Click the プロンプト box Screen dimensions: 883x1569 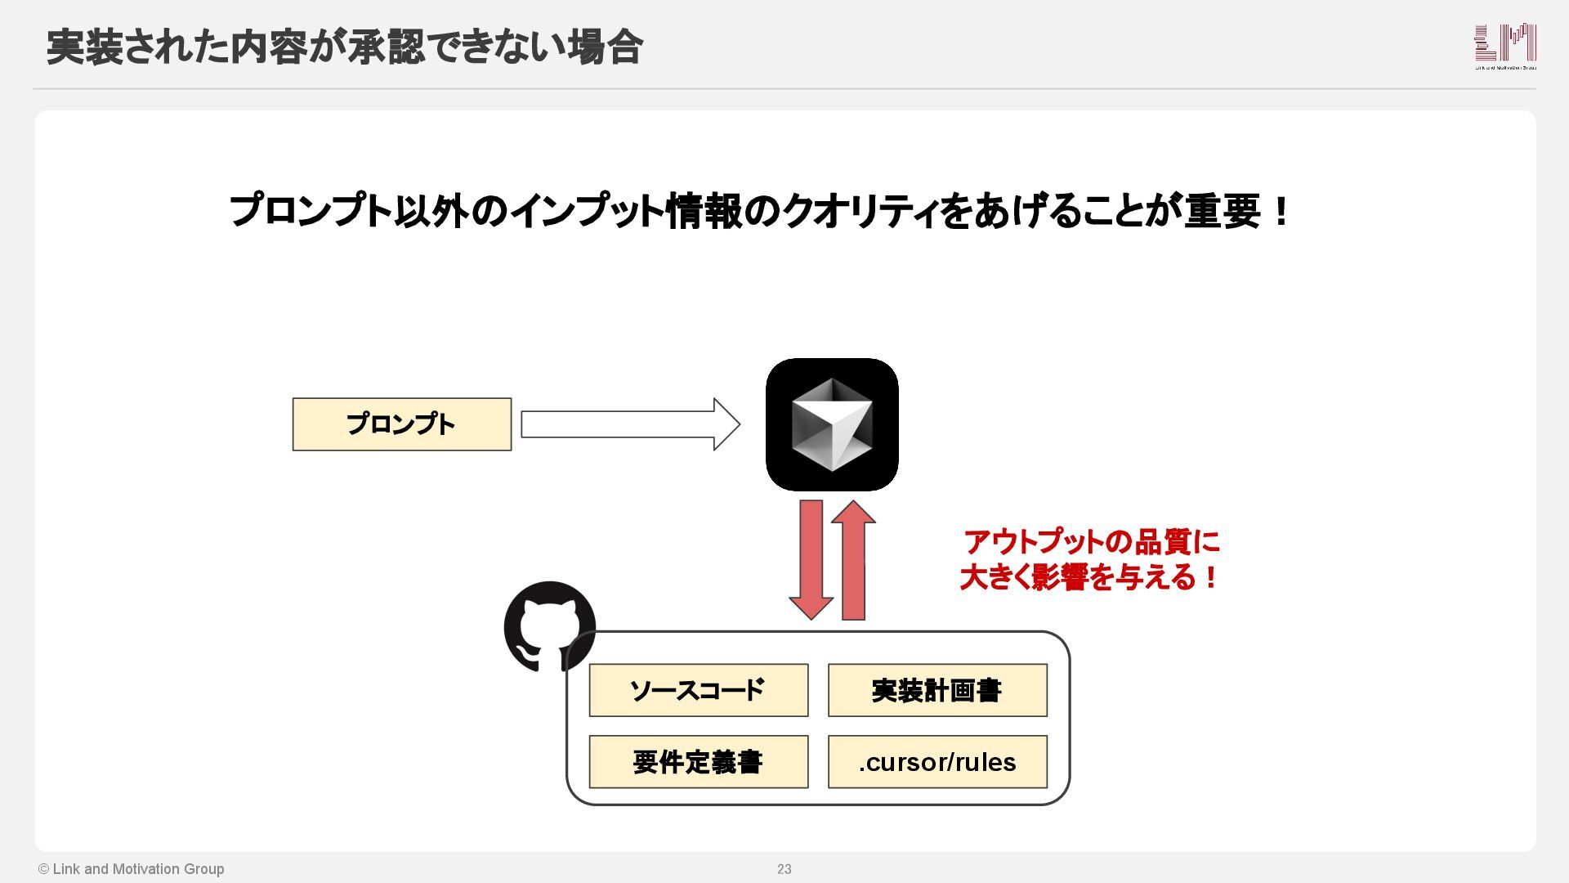tap(401, 424)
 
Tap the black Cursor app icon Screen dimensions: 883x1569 tap(832, 424)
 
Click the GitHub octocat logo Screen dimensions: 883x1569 tap(549, 626)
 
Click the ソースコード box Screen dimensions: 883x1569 tap(698, 691)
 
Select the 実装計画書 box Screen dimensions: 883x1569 tap(937, 691)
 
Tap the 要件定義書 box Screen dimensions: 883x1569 tap(698, 762)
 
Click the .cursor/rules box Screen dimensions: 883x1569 tap(937, 762)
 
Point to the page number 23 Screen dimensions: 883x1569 tap(784, 869)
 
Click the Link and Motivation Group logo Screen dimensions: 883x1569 tap(1505, 46)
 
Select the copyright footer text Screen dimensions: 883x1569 tap(131, 869)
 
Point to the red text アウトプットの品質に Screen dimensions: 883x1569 tap(1091, 542)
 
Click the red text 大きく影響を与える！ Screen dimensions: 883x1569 tap(1089, 578)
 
